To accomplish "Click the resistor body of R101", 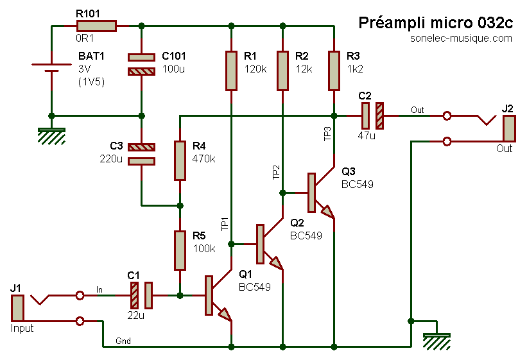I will pos(96,26).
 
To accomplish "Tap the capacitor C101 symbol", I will pos(141,64).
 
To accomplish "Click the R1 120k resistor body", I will pos(231,71).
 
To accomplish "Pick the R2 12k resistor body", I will pos(282,71).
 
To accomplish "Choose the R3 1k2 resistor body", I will pos(334,71).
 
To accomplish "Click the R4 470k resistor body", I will pos(180,160).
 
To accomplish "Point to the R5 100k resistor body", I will pos(180,250).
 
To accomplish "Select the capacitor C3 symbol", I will pos(141,154).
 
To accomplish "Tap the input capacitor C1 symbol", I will pos(141,295).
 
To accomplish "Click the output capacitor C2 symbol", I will pos(372,116).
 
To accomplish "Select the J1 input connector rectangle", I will pos(17,308).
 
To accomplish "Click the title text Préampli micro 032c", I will pos(435,23).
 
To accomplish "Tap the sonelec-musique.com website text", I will pos(461,39).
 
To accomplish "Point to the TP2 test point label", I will pos(275,171).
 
